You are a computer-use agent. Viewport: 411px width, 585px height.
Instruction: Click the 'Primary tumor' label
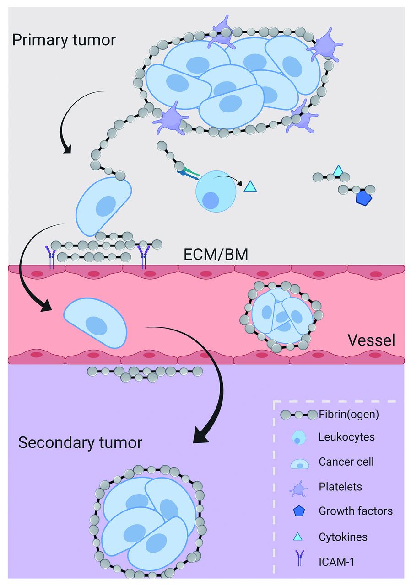pos(64,40)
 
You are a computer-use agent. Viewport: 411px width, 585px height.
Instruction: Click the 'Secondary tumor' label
pos(80,442)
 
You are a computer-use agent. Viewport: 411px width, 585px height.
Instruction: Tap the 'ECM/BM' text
pos(216,254)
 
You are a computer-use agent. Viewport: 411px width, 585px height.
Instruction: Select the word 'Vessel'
pos(371,340)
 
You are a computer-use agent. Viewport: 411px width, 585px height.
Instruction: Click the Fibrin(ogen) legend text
pos(349,415)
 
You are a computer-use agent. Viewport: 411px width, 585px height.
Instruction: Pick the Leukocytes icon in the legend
pos(298,438)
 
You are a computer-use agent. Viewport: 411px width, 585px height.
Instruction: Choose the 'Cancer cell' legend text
pos(346,462)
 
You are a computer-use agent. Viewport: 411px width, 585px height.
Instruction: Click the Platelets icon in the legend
pos(298,487)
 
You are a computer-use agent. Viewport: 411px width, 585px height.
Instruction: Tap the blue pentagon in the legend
pos(298,511)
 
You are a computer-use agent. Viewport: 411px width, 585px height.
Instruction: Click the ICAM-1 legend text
pos(336,561)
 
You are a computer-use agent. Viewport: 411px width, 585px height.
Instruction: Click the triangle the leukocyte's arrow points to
pos(250,186)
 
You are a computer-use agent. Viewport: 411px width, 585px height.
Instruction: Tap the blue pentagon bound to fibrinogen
pos(364,198)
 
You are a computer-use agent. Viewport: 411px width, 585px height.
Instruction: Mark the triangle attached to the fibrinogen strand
pos(338,171)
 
